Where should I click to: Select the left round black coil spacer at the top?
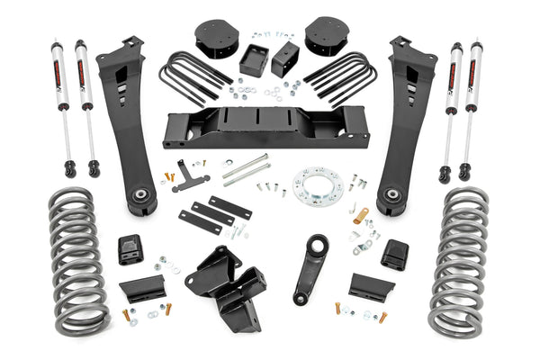[215, 39]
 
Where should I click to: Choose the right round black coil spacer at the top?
[328, 38]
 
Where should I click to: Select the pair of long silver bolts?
[247, 168]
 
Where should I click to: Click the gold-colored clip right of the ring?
[362, 215]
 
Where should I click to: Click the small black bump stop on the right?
[394, 254]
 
